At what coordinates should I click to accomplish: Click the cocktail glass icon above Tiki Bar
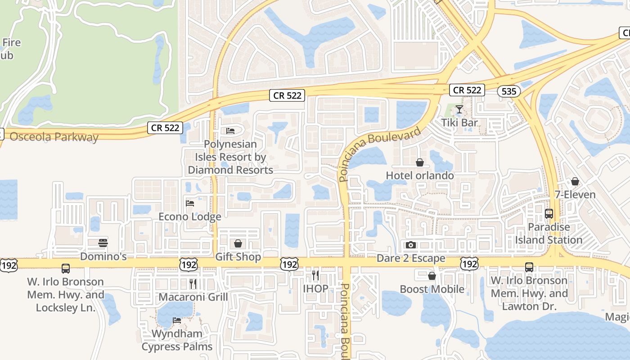[x=459, y=109]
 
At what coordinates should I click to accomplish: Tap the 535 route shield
[x=509, y=91]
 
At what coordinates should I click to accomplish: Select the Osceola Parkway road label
[x=54, y=137]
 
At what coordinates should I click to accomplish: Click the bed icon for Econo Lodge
[x=190, y=203]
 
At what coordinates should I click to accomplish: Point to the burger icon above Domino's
[x=103, y=243]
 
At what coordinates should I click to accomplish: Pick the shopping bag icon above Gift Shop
[x=238, y=243]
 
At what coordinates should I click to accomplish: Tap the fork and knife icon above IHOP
[x=315, y=275]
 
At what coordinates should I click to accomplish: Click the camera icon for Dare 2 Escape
[x=410, y=245]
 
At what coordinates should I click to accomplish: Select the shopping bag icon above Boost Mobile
[x=432, y=276]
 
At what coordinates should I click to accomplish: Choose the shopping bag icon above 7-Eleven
[x=575, y=181]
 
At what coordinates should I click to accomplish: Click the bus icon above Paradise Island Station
[x=549, y=214]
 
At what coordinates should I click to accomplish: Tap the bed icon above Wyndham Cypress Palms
[x=177, y=320]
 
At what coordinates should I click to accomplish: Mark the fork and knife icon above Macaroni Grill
[x=193, y=283]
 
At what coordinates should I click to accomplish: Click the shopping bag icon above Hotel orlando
[x=420, y=162]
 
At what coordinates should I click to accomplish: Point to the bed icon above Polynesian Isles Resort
[x=230, y=131]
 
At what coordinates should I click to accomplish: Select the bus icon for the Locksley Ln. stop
[x=66, y=269]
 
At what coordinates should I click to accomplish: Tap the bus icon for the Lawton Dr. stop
[x=529, y=267]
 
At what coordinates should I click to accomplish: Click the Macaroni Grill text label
[x=193, y=297]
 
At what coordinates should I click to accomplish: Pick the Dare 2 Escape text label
[x=411, y=258]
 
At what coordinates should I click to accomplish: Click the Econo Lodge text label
[x=190, y=217]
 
